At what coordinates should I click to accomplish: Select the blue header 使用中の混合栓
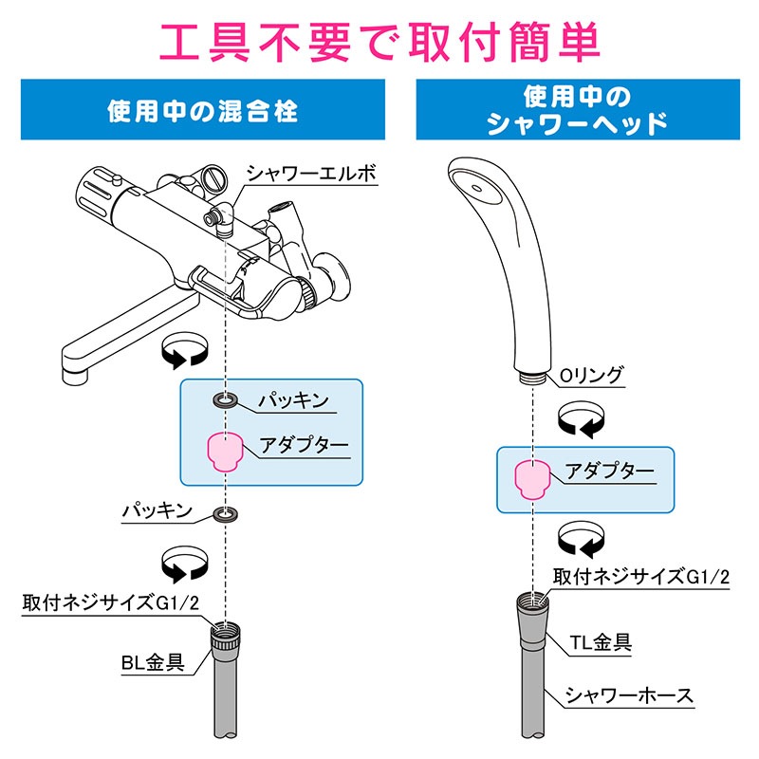pyautogui.click(x=202, y=111)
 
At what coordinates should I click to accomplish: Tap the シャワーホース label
pyautogui.click(x=630, y=695)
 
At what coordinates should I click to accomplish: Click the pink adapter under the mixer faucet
pyautogui.click(x=225, y=452)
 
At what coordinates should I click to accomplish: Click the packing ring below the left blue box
pyautogui.click(x=225, y=516)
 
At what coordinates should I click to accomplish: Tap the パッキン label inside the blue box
pyautogui.click(x=294, y=400)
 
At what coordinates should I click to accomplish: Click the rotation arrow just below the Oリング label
pyautogui.click(x=581, y=419)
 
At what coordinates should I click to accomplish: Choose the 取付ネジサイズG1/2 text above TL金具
pyautogui.click(x=642, y=575)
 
